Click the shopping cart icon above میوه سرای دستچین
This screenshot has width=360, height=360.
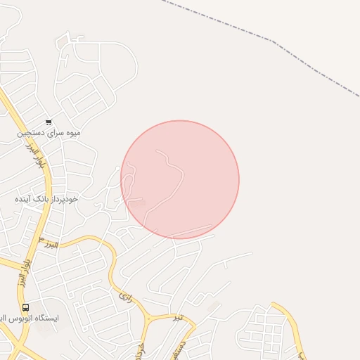coord(49,122)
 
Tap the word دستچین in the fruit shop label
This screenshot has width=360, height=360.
coord(31,132)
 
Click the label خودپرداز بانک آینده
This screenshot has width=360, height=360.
coord(46,199)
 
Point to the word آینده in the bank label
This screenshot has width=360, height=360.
coord(25,199)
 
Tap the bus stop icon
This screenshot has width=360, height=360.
coord(26,307)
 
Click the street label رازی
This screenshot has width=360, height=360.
coord(126,296)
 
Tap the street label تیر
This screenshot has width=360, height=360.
coord(179,317)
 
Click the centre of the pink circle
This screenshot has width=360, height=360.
coord(180,179)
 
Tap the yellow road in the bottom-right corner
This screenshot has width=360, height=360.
coord(295,330)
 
